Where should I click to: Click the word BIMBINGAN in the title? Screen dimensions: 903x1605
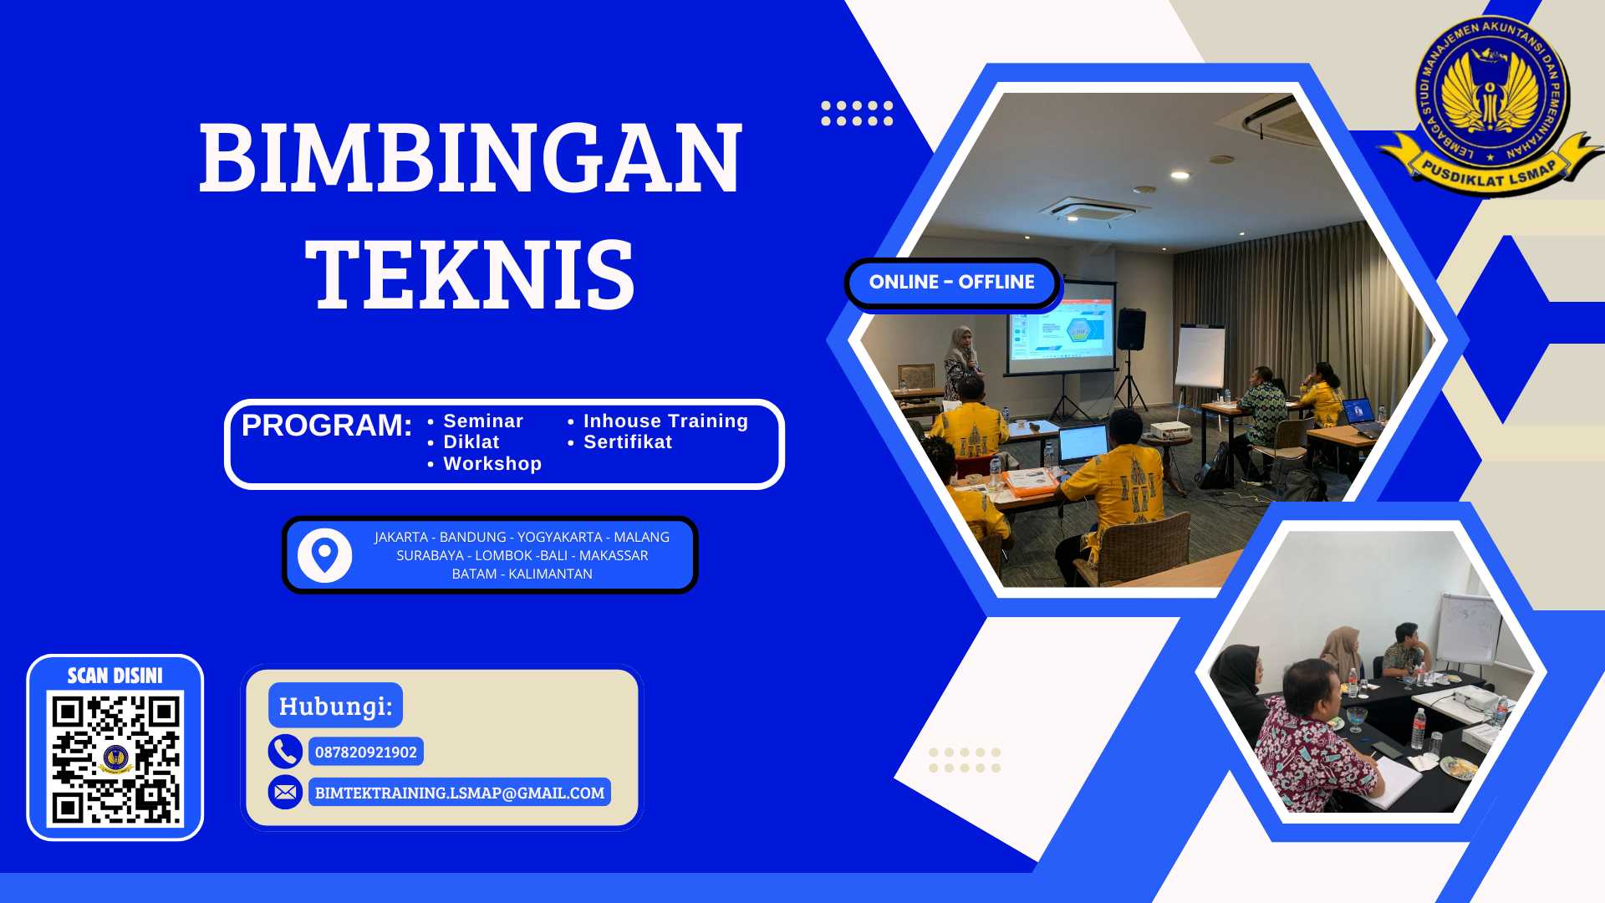tap(470, 158)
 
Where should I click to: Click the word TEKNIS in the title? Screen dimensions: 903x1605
tap(470, 275)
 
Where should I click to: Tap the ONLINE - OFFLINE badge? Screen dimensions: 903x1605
tap(951, 283)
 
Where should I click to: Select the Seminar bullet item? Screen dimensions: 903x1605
tap(482, 421)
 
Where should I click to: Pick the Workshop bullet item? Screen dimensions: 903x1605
tap(492, 464)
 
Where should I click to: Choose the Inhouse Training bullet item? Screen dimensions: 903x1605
tap(665, 421)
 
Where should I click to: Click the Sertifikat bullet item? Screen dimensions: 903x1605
tap(627, 442)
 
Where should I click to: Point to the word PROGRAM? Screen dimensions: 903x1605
tap(326, 426)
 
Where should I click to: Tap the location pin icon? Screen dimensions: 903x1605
tap(324, 555)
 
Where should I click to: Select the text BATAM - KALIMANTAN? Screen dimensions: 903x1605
tap(522, 574)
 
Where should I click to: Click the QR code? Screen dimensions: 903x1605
tap(115, 758)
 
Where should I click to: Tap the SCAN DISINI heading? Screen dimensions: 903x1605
tap(115, 676)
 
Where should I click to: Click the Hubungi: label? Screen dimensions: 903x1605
tap(335, 706)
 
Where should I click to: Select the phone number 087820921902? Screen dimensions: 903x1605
tap(365, 752)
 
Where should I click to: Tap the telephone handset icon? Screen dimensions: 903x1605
tap(285, 752)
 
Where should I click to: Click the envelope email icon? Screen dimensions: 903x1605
tap(285, 792)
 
